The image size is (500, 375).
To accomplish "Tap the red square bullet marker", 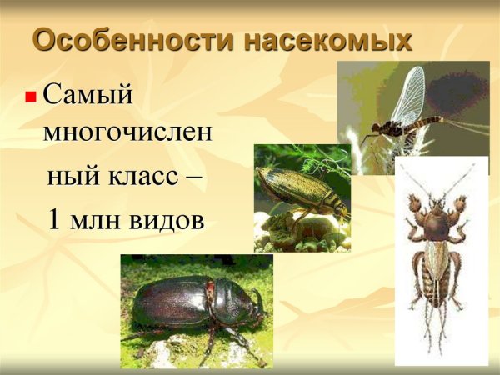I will click(30, 97).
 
